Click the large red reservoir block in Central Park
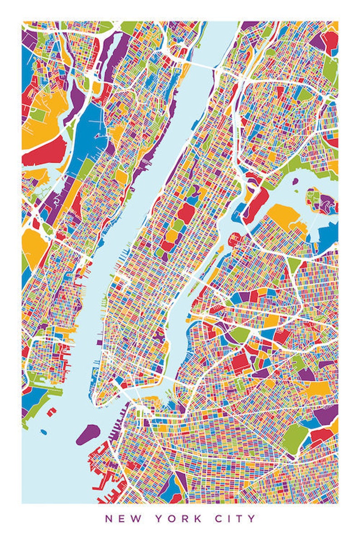[x=186, y=212]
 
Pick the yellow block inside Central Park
[x=173, y=235]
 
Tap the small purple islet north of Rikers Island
[x=296, y=181]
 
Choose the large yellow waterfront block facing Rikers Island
[x=283, y=215]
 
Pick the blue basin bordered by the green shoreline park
[x=35, y=399]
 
